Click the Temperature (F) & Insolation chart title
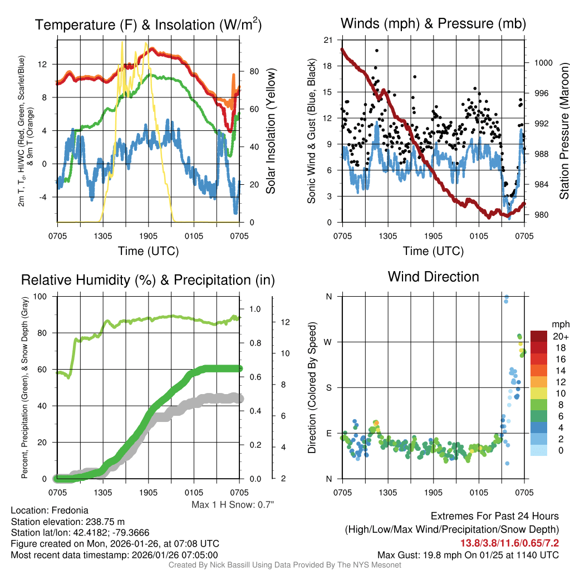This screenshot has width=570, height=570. [148, 24]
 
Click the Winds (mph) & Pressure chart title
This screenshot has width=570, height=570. [433, 23]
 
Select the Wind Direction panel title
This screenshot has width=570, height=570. [433, 277]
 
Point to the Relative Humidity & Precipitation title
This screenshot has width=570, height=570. [148, 280]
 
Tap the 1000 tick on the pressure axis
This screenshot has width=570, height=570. [542, 63]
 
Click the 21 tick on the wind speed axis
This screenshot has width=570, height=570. [327, 40]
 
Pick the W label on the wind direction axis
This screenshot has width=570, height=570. [328, 342]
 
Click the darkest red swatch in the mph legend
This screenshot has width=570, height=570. [539, 336]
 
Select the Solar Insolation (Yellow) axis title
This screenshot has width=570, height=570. [271, 131]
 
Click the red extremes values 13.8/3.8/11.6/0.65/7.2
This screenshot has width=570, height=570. [509, 543]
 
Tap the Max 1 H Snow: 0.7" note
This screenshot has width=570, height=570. [233, 505]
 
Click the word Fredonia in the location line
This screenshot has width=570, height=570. [70, 510]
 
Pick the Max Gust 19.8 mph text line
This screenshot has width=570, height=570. [468, 554]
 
